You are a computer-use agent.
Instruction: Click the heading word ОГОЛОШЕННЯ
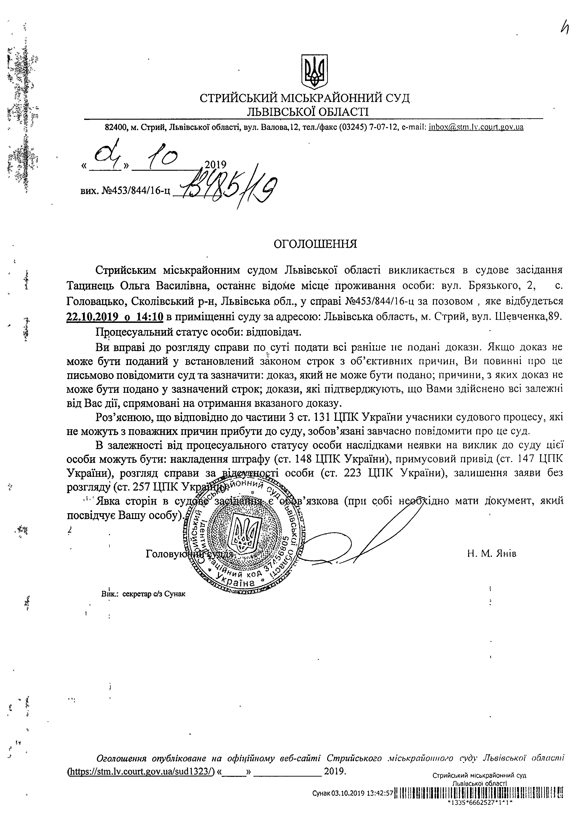[x=315, y=244]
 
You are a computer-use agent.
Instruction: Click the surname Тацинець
[x=90, y=286]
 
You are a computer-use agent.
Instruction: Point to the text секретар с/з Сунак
[x=154, y=594]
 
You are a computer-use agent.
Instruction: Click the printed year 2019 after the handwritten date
[x=215, y=165]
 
